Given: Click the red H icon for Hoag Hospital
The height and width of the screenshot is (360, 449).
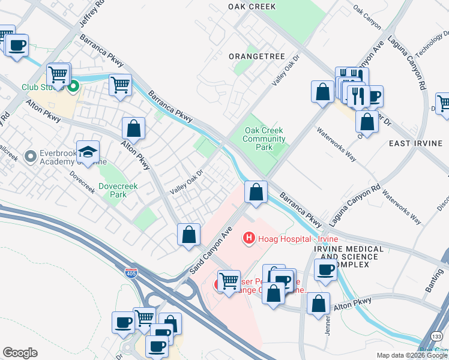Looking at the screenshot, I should [x=247, y=239].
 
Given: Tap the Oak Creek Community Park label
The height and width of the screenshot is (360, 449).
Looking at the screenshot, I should [x=264, y=139].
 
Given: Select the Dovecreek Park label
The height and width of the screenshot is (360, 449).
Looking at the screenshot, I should [x=118, y=190].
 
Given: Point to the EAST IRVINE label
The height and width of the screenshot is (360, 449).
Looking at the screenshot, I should [x=415, y=143].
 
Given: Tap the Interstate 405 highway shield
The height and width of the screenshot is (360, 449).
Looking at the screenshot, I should [x=131, y=274].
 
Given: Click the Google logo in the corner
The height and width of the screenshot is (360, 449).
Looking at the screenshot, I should [x=20, y=353].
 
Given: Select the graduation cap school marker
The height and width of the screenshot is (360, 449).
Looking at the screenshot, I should [x=88, y=152].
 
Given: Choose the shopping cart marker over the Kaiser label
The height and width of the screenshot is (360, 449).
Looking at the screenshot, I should [x=229, y=280].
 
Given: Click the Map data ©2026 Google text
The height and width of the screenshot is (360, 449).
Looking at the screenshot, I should [x=411, y=355].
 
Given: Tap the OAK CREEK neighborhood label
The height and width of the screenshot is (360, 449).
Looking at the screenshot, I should [x=252, y=7].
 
